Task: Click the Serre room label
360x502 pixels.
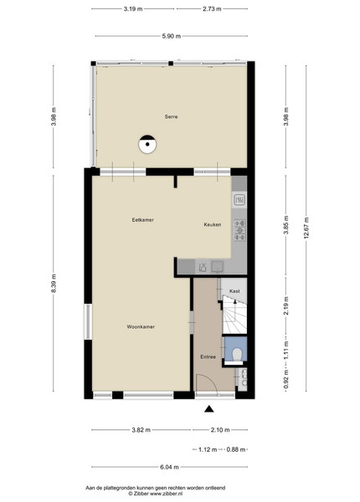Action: pyautogui.click(x=171, y=117)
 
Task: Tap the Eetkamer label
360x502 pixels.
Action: pyautogui.click(x=143, y=220)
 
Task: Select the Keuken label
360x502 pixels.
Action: pyautogui.click(x=213, y=225)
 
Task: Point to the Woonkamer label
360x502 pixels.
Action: pyautogui.click(x=141, y=327)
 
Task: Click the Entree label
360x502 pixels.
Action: pyautogui.click(x=208, y=356)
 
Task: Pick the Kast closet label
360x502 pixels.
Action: pyautogui.click(x=234, y=291)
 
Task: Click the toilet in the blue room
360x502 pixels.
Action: pyautogui.click(x=237, y=355)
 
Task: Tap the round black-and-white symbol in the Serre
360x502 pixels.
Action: pyautogui.click(x=147, y=144)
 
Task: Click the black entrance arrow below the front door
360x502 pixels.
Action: pyautogui.click(x=209, y=408)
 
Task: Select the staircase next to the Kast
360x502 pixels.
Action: pyautogui.click(x=234, y=315)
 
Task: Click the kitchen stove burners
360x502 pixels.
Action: pyautogui.click(x=240, y=230)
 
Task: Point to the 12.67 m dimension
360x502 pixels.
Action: pyautogui.click(x=306, y=228)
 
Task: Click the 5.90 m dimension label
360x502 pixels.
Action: pyautogui.click(x=171, y=36)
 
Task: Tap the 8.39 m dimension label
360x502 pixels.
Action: pyautogui.click(x=54, y=283)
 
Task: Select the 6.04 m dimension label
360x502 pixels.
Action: pyautogui.click(x=169, y=467)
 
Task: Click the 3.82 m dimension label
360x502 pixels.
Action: pyautogui.click(x=141, y=430)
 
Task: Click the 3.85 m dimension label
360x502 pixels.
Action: pyautogui.click(x=286, y=225)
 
